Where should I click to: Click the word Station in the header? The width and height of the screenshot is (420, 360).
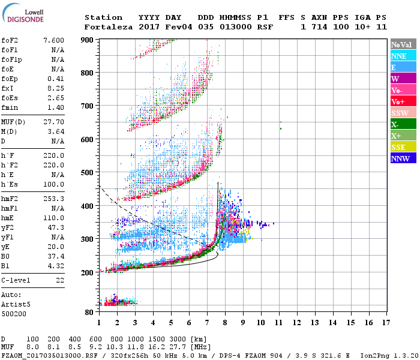(103, 17)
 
